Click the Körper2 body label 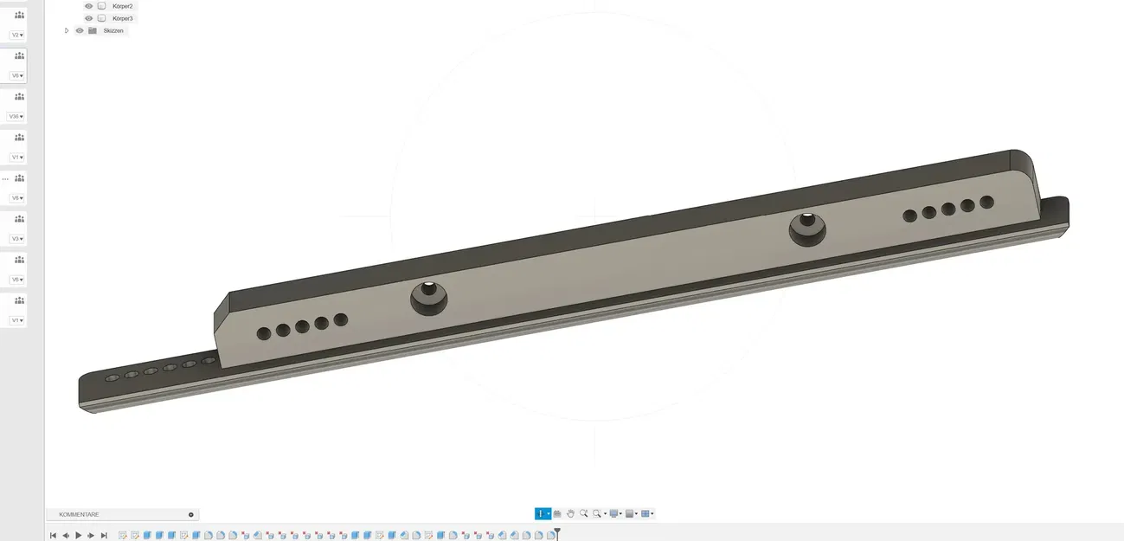tap(123, 6)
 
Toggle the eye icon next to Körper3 tap(88, 18)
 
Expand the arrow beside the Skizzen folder tap(67, 30)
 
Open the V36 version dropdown tap(16, 116)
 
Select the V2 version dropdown tap(16, 35)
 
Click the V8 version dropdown tap(16, 198)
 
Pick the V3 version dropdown tap(16, 239)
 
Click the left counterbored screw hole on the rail tap(428, 299)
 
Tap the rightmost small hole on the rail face tap(986, 203)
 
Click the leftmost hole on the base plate tap(112, 378)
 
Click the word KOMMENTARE tap(79, 514)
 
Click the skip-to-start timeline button tap(53, 536)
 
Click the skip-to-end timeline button tap(104, 536)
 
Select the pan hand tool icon tap(570, 513)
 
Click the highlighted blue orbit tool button tap(540, 513)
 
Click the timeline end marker tap(557, 534)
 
